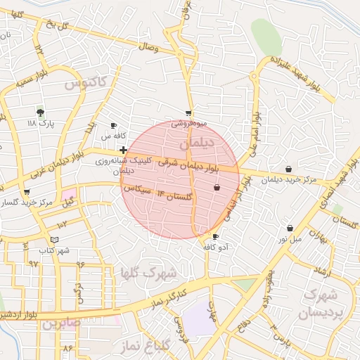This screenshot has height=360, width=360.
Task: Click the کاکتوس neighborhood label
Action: point(86,84)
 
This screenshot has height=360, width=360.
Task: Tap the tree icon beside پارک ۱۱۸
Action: point(39,112)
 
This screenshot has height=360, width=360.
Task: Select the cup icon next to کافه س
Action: point(114,125)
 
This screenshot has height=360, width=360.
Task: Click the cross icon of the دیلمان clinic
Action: point(124,150)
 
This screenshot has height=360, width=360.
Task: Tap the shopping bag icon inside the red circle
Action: point(217,187)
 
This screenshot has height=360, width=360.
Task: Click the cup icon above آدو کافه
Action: point(215,236)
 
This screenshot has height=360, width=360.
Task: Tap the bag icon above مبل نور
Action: point(290,228)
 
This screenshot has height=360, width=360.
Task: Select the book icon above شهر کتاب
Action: point(54,240)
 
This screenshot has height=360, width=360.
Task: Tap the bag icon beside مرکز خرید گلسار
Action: point(27,191)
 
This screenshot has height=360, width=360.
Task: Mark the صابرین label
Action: point(60,324)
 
